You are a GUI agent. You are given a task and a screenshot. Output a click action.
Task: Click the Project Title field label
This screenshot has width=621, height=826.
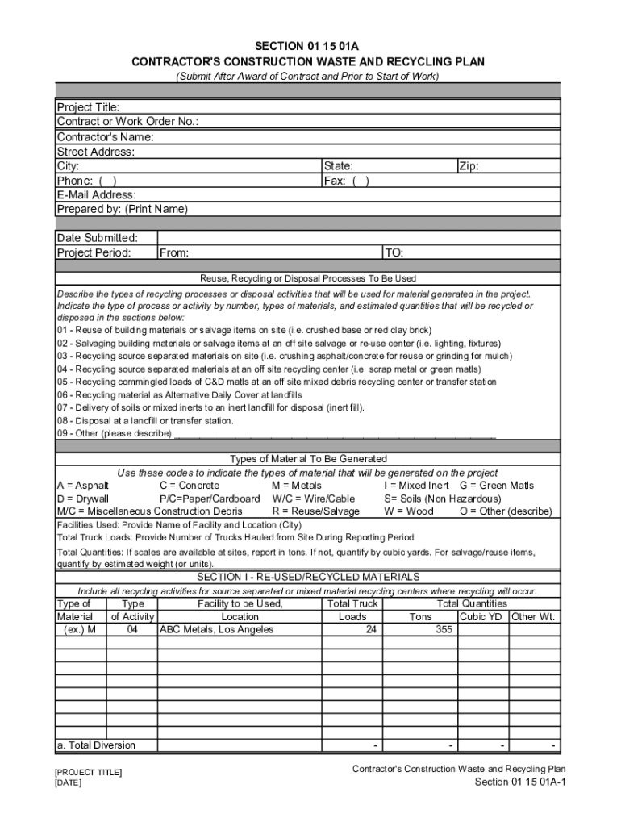pos(88,107)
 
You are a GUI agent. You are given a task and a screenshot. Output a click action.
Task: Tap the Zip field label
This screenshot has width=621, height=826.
pos(469,166)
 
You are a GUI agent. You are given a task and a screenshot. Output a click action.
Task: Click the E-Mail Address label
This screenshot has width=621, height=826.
pos(96,194)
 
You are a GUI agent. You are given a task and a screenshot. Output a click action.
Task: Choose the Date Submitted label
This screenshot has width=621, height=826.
pos(97,238)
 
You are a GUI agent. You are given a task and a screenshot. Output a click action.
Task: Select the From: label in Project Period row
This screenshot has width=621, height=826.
pos(174,252)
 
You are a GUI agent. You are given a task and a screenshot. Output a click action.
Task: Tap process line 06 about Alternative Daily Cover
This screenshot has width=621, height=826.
pos(179,395)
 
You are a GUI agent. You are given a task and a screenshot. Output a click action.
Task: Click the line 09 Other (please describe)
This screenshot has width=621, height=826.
pos(114,433)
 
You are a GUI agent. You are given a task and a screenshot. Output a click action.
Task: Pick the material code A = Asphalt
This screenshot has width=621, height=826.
pos(82,486)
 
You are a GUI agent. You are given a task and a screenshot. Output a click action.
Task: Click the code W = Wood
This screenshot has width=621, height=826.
pos(409,511)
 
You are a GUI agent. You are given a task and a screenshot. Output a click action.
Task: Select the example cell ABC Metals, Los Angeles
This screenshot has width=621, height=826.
pos(216,629)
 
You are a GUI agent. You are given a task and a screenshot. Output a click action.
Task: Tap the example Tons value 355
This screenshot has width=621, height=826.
pos(444,629)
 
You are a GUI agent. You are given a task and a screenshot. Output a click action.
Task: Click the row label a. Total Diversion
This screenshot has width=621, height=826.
pos(96,745)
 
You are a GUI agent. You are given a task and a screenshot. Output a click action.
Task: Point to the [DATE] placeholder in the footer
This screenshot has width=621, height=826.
pos(69,782)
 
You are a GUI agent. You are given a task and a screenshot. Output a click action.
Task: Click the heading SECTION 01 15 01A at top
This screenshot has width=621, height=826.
pos(307,46)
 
